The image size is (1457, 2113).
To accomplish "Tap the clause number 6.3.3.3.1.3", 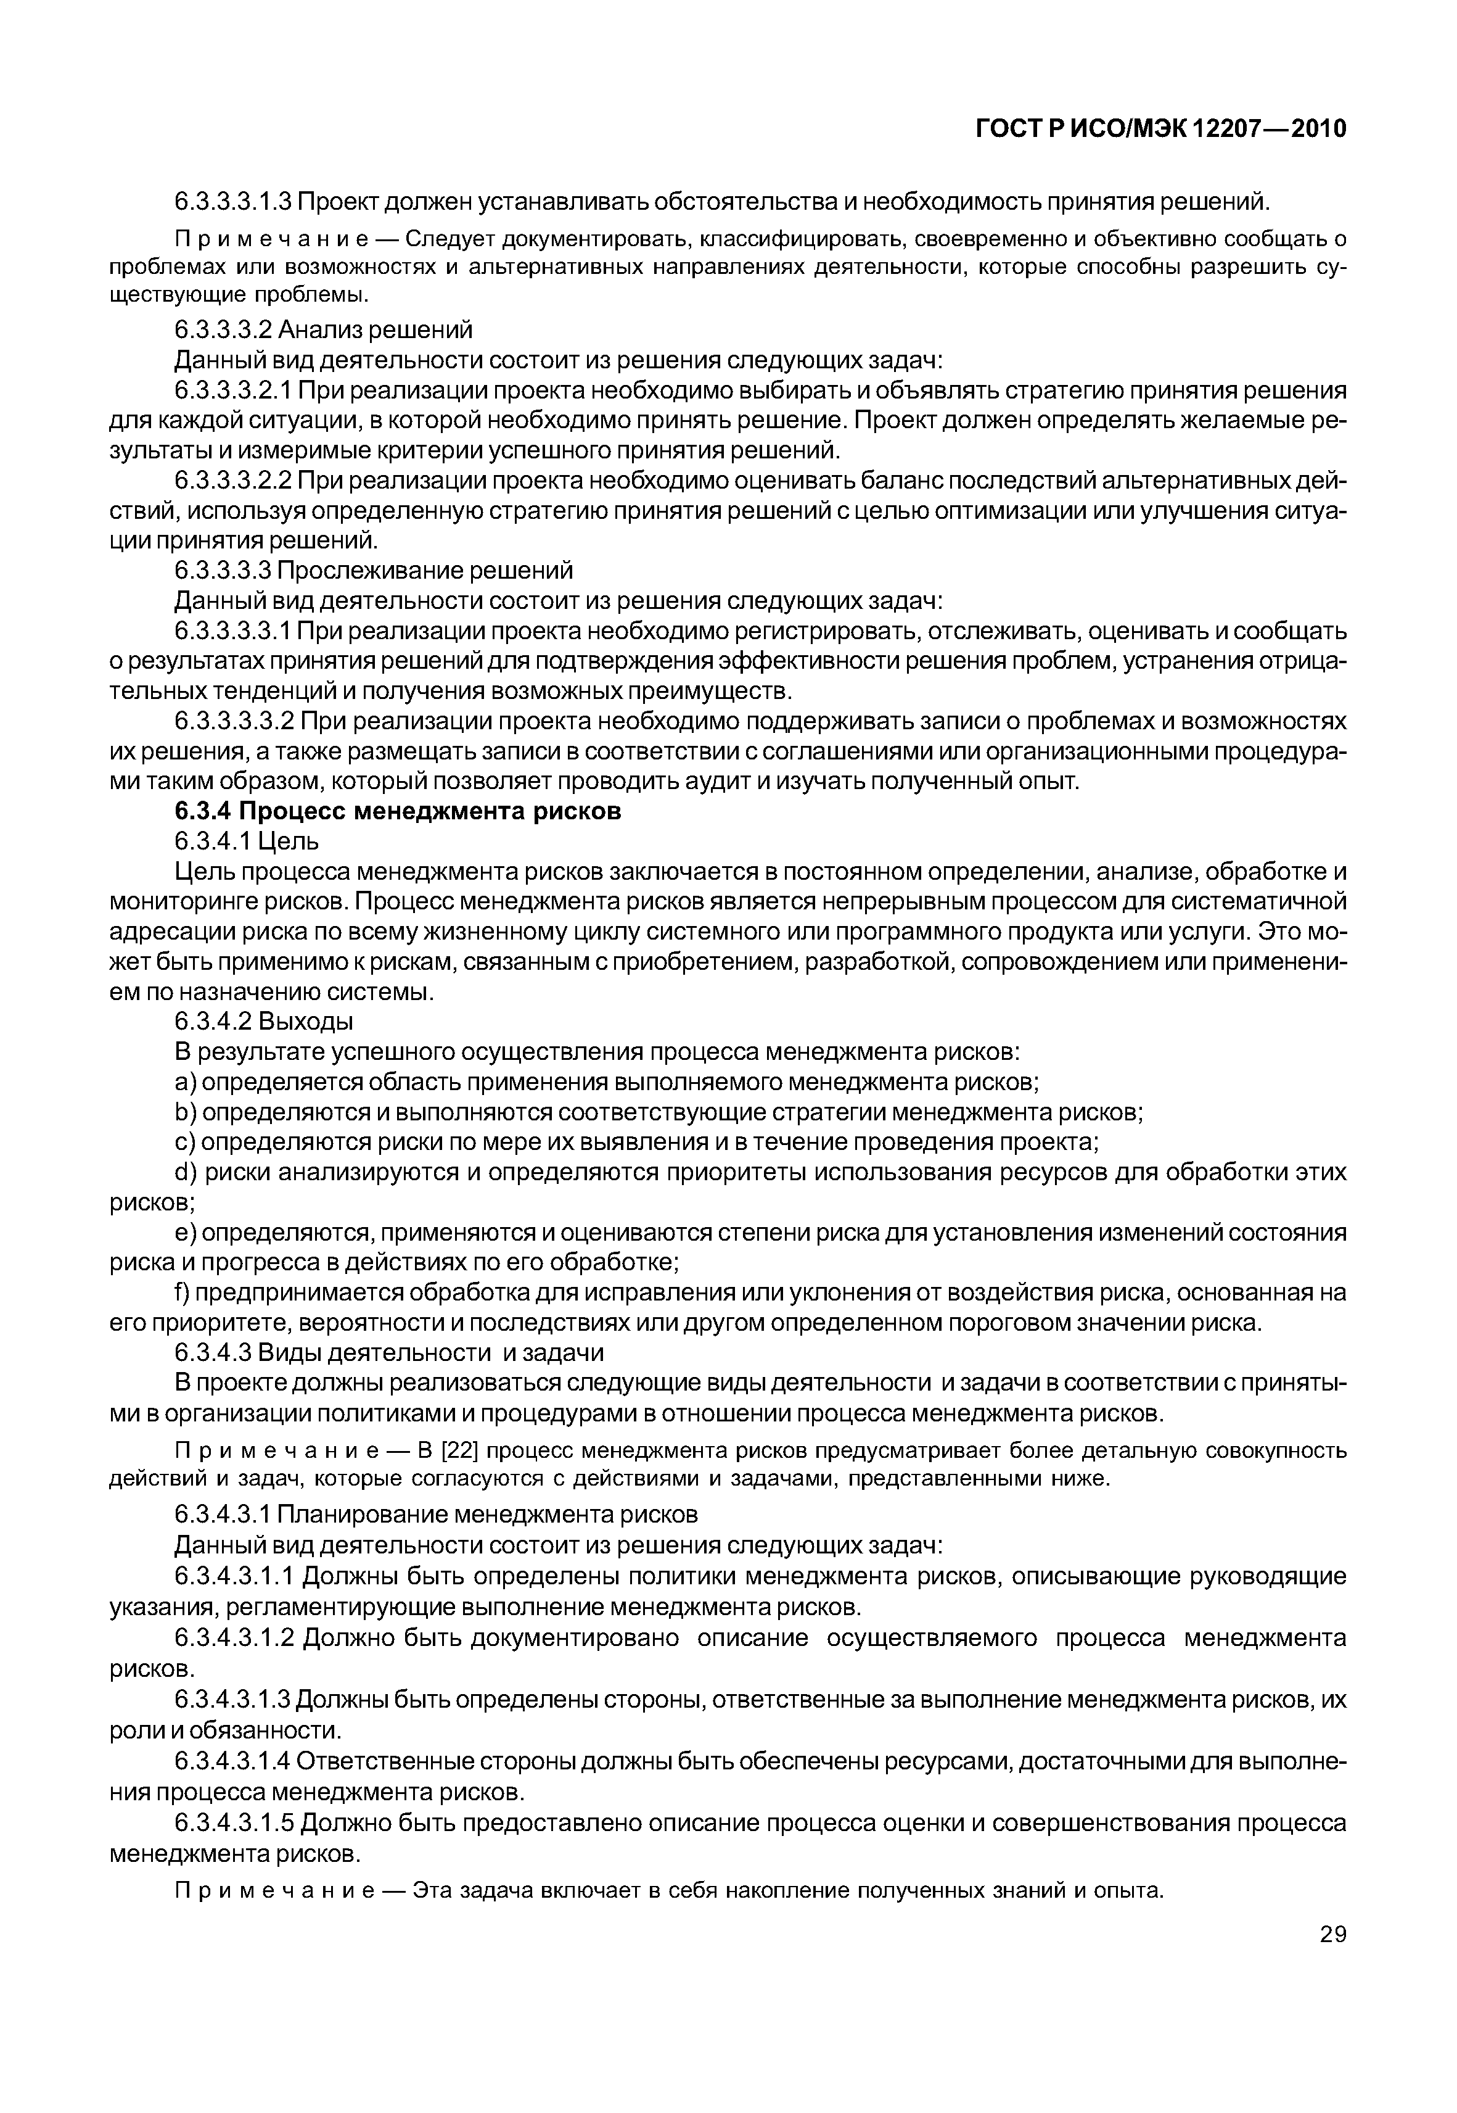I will coord(233,200).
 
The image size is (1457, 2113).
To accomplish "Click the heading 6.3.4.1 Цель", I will coord(247,840).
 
